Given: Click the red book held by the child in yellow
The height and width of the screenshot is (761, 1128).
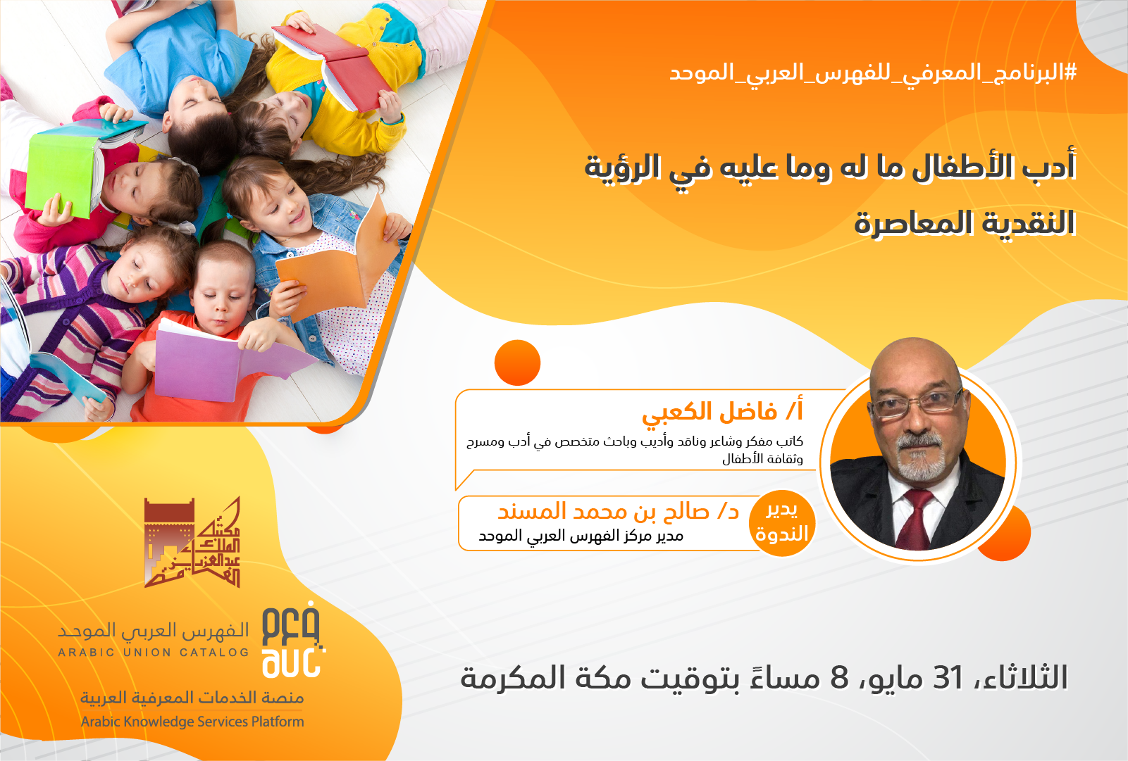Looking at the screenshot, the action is (x=335, y=65).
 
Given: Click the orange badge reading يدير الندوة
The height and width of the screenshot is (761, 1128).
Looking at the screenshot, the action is (x=782, y=523).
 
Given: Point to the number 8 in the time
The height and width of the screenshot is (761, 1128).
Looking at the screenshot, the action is (x=839, y=677).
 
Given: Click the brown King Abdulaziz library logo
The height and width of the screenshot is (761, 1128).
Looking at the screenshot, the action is (x=192, y=542).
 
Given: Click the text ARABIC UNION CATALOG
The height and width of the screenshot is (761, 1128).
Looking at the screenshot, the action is (x=154, y=653).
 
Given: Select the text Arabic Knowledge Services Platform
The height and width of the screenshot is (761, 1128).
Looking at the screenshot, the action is (x=192, y=722).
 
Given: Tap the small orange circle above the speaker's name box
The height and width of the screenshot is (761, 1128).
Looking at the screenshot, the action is (x=517, y=363).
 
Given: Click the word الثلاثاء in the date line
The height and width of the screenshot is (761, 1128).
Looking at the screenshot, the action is (x=1020, y=677).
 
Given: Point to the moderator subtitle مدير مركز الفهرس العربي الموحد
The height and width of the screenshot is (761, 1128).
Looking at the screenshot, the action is (x=581, y=536).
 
